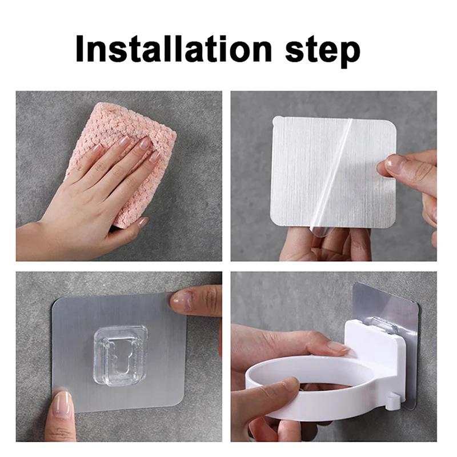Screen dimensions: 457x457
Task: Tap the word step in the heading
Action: (319, 51)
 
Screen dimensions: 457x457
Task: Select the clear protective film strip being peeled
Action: (331, 183)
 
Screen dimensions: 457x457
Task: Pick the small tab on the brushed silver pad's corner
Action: (277, 121)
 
